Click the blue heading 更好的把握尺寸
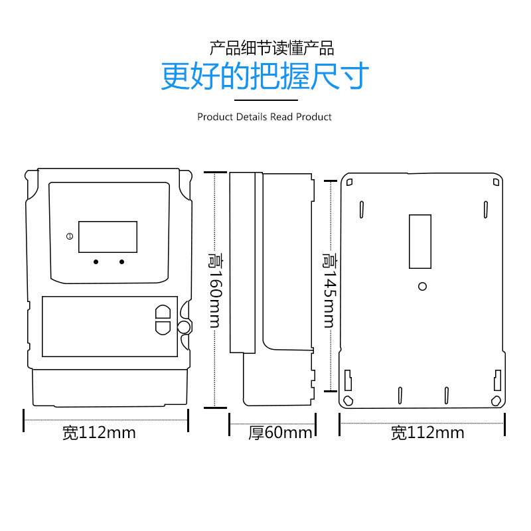click(265, 76)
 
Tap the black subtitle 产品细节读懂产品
click(271, 48)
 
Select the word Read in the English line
click(281, 117)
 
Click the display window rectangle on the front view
click(108, 237)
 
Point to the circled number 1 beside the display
click(69, 236)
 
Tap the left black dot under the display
click(96, 262)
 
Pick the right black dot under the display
click(122, 262)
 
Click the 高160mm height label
click(214, 290)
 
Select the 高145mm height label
click(328, 290)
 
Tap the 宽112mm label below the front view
click(99, 433)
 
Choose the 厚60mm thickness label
click(280, 433)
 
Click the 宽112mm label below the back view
click(427, 433)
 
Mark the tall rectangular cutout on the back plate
click(420, 241)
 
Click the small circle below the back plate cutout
click(422, 286)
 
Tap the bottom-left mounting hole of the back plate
click(348, 400)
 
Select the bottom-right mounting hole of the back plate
click(496, 400)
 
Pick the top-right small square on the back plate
click(495, 182)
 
